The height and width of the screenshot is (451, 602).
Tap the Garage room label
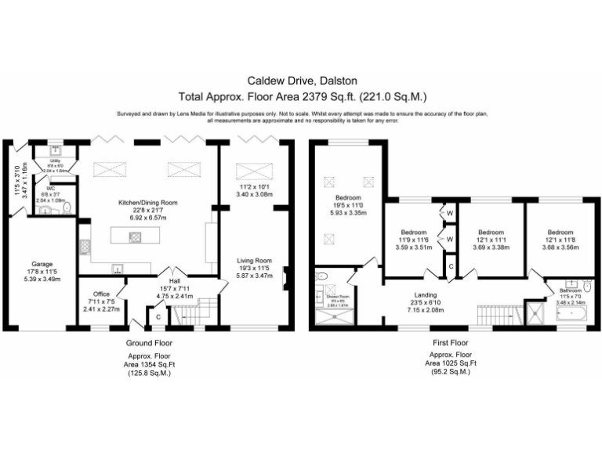pos(42,264)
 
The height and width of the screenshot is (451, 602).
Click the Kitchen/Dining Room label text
pos(147,202)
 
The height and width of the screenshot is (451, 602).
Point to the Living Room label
pos(256,261)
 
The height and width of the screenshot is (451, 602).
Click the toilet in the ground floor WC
pos(68,207)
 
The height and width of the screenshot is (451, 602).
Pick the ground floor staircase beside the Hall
pos(189,316)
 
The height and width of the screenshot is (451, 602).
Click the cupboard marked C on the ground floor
pos(158,316)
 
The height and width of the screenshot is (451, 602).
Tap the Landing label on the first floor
pos(428,295)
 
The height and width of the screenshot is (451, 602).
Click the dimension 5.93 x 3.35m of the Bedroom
pos(349,212)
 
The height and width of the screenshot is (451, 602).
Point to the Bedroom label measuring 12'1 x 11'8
pos(560,233)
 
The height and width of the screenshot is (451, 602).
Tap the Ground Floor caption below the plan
pos(149,343)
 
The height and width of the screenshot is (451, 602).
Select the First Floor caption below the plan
pos(450,343)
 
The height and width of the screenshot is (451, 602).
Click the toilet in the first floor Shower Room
pos(321,276)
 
